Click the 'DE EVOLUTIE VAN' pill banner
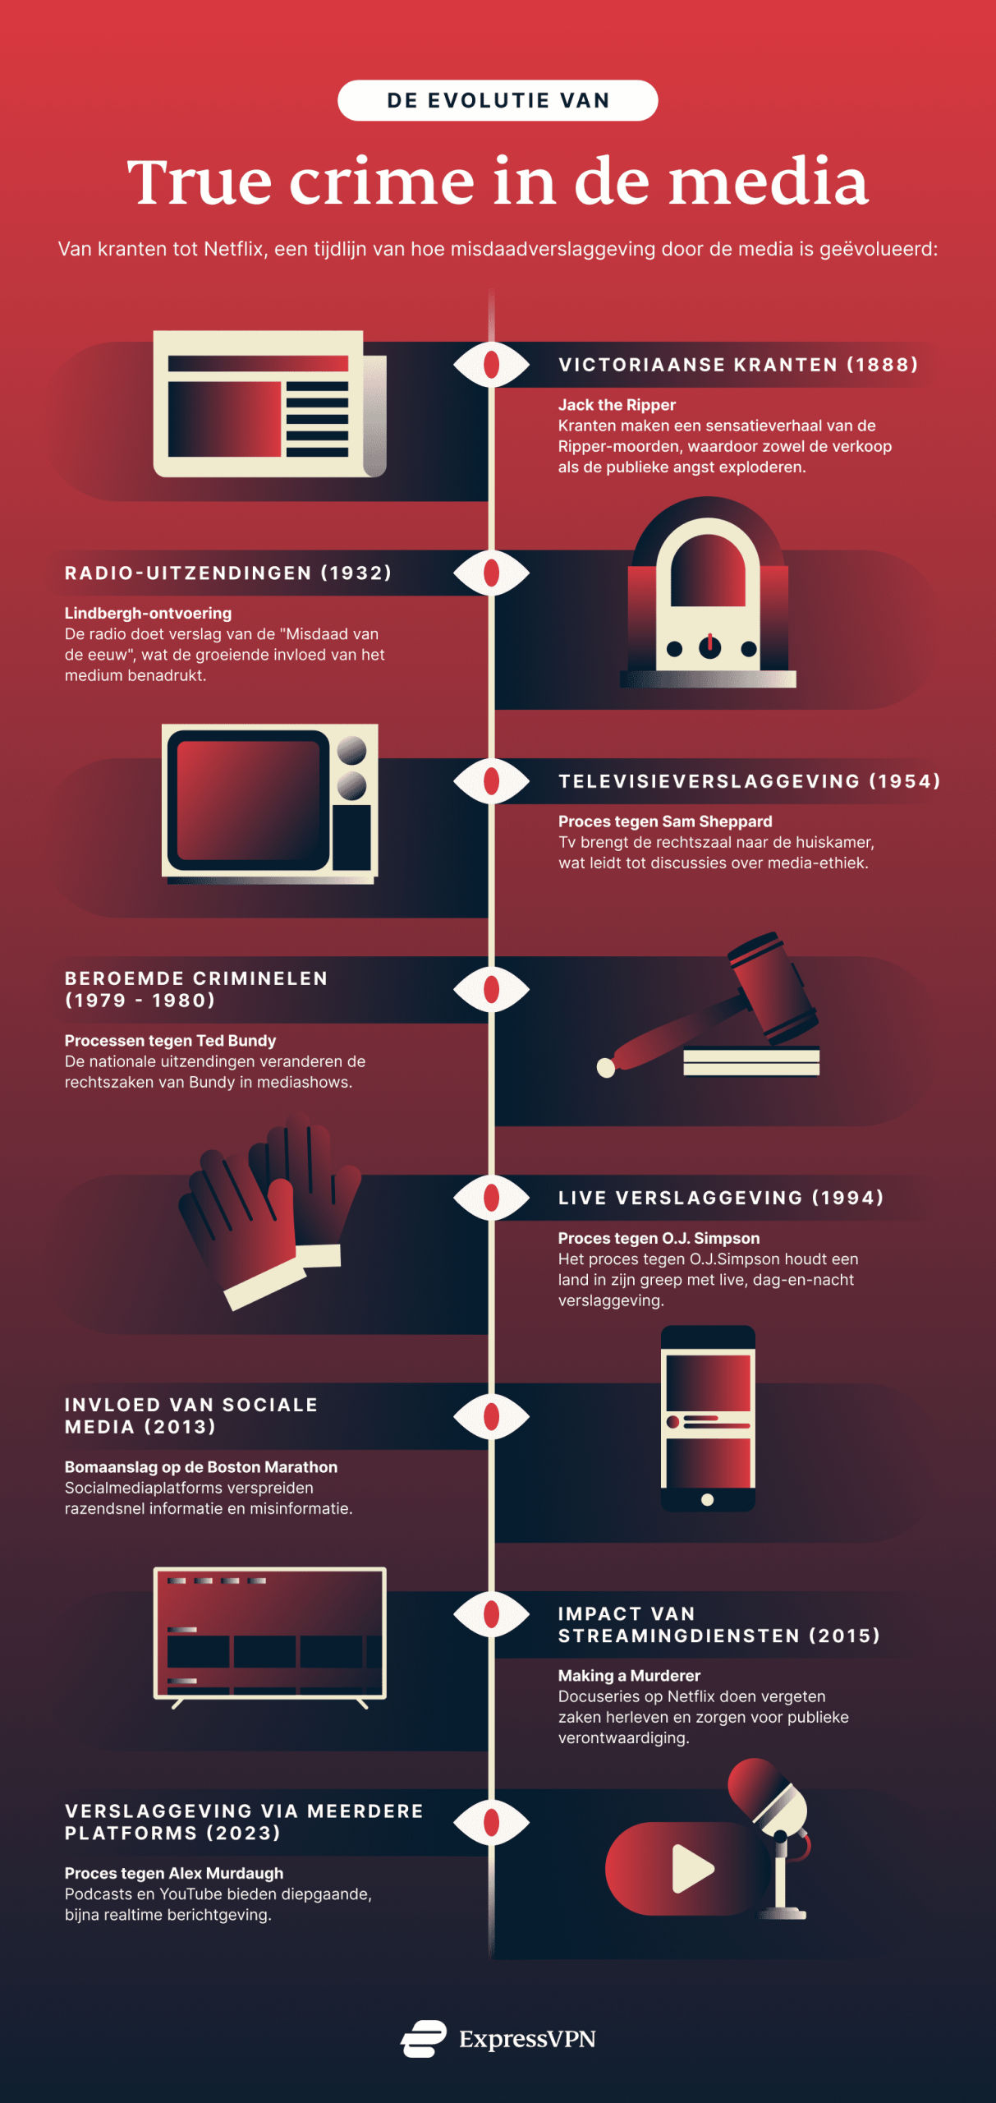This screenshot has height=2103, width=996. [x=498, y=100]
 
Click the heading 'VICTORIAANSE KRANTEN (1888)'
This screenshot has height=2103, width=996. [x=738, y=365]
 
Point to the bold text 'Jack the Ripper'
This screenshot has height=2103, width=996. [x=617, y=405]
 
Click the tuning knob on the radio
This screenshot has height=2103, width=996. [x=709, y=647]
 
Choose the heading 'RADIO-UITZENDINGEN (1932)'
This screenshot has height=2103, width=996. [x=228, y=573]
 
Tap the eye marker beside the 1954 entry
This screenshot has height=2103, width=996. [x=491, y=780]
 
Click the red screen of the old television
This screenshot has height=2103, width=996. [x=248, y=799]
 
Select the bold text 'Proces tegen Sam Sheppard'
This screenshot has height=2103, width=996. [x=665, y=821]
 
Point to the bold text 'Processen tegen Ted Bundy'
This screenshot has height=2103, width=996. [x=170, y=1041]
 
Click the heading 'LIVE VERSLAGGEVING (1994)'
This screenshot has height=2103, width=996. [x=721, y=1198]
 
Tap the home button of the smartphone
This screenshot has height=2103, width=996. [x=707, y=1500]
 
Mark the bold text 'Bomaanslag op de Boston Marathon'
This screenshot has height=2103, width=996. [x=201, y=1467]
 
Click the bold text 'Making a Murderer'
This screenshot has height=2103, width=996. [x=629, y=1676]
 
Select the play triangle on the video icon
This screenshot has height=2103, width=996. [x=691, y=1869]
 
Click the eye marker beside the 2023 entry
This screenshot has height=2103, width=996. [x=491, y=1822]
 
